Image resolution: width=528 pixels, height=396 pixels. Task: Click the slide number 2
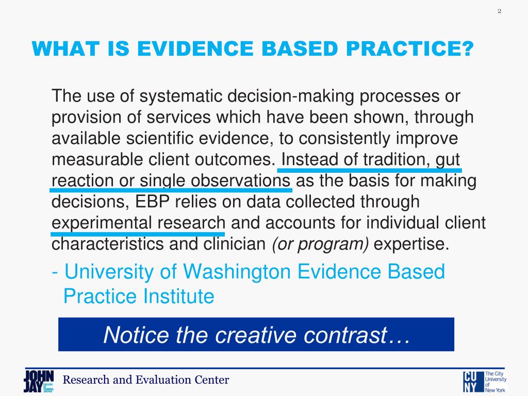click(x=499, y=11)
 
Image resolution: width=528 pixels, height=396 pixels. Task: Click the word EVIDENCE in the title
click(x=195, y=48)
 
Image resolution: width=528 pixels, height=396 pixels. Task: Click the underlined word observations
click(x=238, y=181)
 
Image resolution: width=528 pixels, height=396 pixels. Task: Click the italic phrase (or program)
click(x=320, y=244)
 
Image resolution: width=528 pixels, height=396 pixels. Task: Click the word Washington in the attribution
click(x=236, y=272)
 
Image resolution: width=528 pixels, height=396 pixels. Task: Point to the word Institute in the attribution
click(x=178, y=296)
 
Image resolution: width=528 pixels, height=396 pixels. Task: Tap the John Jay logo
click(x=39, y=381)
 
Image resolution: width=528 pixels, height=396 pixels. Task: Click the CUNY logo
click(x=485, y=382)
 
